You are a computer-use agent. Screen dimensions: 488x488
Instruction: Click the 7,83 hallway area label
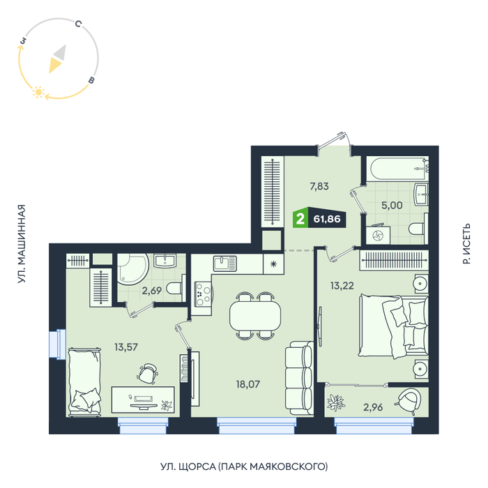319,186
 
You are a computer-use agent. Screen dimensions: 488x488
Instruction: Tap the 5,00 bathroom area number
392,205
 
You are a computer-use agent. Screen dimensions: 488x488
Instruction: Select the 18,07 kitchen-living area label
247,384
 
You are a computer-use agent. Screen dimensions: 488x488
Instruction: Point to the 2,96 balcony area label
373,406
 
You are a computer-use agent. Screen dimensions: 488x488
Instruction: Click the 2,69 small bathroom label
151,291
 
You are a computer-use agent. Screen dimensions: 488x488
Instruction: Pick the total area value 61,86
327,219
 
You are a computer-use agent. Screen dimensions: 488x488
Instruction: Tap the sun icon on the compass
38,92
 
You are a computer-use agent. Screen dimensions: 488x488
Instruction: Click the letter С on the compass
78,24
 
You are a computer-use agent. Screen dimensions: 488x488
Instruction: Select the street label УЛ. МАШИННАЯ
21,244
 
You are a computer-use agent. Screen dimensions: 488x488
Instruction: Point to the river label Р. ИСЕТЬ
466,244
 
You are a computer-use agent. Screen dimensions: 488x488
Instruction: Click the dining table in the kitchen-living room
255,315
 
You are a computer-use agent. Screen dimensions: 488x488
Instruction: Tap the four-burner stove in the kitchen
203,293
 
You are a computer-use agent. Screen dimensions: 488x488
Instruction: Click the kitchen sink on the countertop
224,264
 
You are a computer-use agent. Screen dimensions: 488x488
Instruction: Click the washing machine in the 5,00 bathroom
378,235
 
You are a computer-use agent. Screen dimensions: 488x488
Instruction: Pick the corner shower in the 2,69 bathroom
133,269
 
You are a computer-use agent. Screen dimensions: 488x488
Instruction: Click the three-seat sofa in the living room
299,378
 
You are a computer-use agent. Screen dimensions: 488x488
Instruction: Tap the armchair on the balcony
409,400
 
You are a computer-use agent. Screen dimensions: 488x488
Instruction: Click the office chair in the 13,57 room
147,373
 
